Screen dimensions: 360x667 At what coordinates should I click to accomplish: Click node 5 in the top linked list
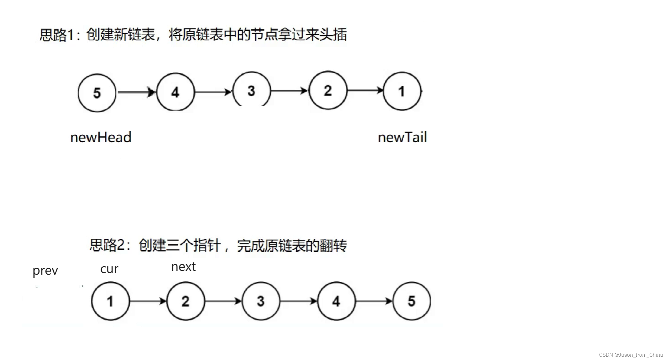[97, 93]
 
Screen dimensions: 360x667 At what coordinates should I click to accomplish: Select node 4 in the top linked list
[175, 92]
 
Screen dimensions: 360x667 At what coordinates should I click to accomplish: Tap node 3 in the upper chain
[251, 90]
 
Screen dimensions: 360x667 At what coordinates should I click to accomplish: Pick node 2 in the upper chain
[328, 90]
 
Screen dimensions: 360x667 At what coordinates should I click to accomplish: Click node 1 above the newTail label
[402, 91]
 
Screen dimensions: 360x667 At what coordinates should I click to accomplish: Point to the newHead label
[101, 137]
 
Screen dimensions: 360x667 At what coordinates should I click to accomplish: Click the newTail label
[402, 137]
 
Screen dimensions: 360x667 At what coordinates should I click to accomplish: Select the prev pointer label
[45, 270]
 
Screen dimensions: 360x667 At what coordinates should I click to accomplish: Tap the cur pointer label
[109, 269]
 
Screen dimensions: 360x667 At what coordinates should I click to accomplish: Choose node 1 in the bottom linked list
[110, 301]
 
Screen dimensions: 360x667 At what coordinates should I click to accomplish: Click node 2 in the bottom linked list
[186, 301]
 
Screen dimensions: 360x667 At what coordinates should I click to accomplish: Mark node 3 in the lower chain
[261, 301]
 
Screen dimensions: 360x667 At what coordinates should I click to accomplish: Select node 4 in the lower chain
[336, 301]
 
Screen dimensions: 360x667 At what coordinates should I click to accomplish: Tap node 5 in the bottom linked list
[411, 301]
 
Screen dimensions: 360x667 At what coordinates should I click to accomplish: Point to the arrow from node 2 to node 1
[365, 90]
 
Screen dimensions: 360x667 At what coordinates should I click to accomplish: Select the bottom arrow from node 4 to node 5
[374, 301]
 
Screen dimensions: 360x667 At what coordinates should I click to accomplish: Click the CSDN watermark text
[631, 355]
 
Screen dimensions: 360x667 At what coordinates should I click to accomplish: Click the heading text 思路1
[57, 35]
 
